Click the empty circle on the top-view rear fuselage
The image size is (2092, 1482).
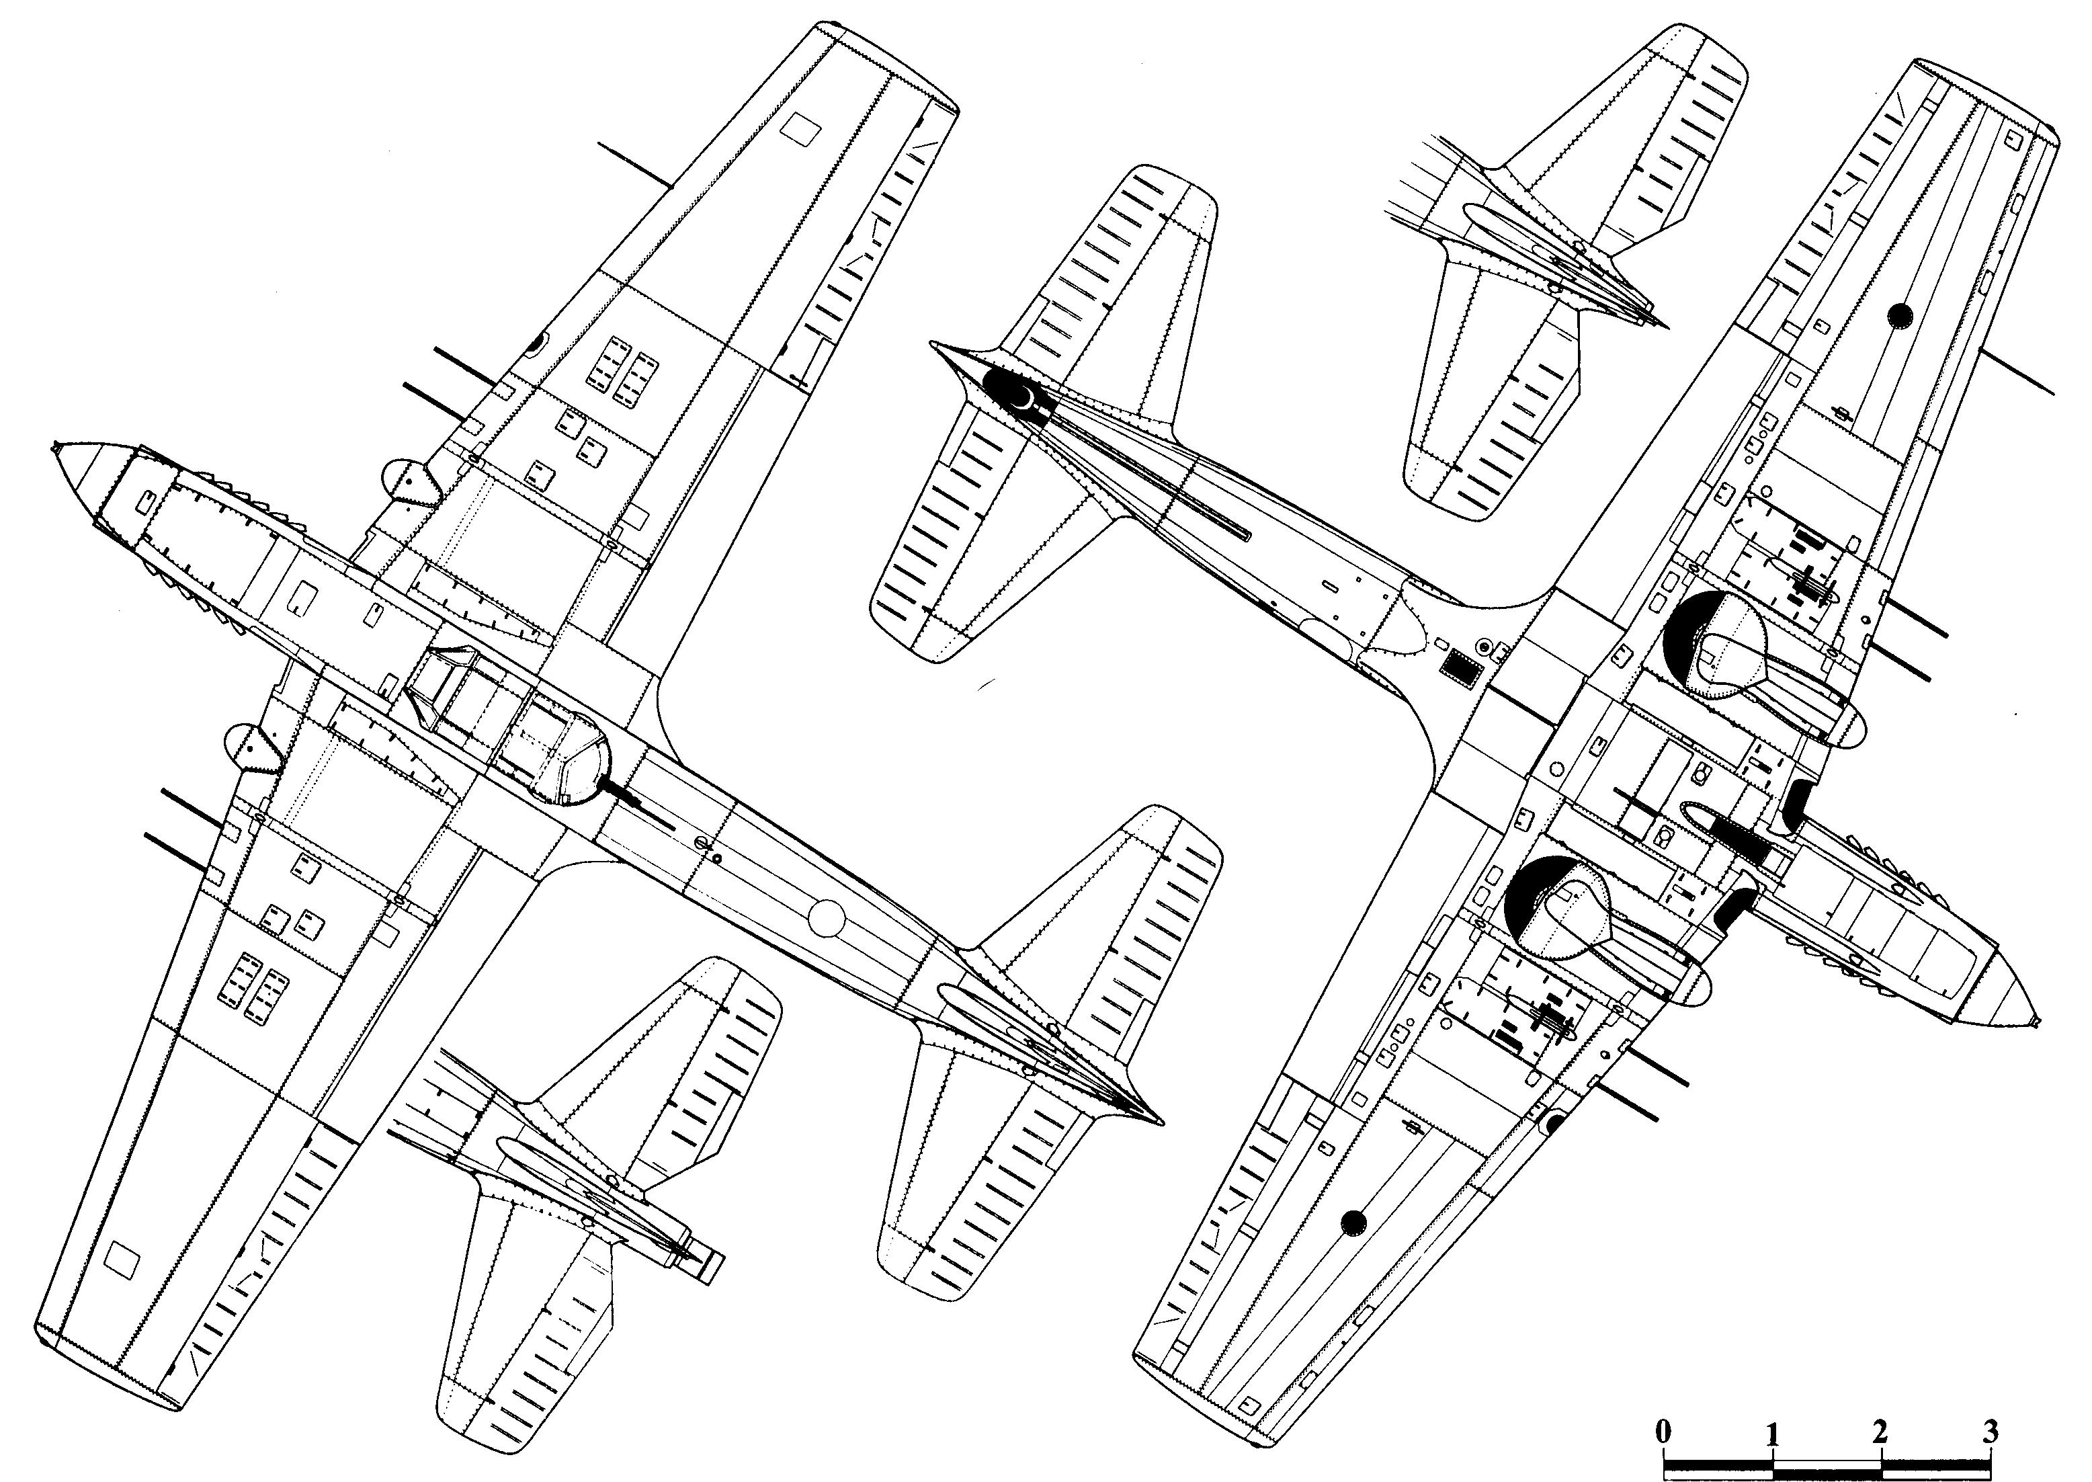(827, 917)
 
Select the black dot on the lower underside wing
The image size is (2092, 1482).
(1355, 1220)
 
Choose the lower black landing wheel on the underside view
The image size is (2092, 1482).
(1525, 907)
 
